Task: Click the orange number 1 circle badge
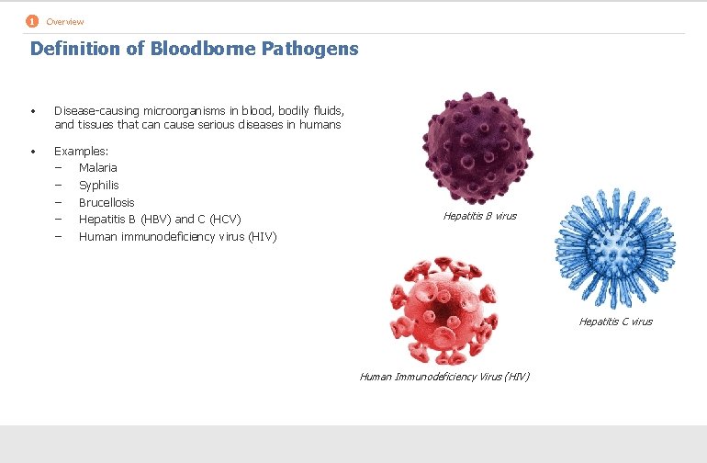32,21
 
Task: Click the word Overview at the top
65,22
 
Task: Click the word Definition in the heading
75,49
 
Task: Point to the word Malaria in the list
98,167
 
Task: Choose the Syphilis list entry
99,185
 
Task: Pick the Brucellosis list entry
107,202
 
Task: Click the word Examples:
82,150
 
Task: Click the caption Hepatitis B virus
479,216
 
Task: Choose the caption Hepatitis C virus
615,322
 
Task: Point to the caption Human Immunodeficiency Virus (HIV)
444,377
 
